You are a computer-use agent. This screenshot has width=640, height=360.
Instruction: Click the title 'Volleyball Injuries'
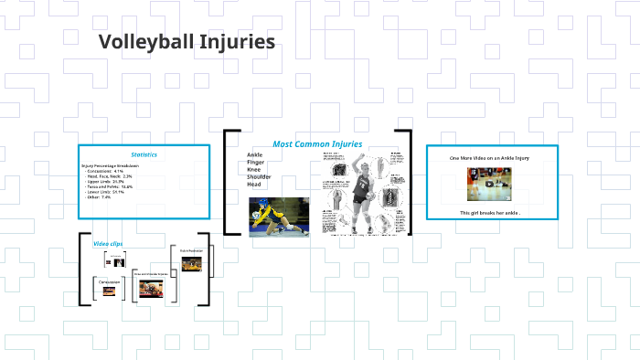187,42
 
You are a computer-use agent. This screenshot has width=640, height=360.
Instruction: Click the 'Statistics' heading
144,154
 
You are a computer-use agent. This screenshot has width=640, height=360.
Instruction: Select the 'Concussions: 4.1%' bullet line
104,171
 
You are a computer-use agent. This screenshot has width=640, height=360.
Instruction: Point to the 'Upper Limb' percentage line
105,182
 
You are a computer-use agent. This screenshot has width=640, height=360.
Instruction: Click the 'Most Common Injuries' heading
317,144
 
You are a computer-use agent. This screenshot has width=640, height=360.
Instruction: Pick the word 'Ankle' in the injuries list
255,155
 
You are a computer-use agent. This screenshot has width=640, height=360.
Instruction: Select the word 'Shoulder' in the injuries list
260,177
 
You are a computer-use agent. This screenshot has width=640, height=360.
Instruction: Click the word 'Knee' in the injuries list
254,170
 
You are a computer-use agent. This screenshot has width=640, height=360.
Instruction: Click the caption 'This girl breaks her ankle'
490,213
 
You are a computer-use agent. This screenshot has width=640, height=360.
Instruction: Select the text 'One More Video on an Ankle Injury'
489,158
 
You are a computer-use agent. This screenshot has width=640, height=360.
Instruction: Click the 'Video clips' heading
108,244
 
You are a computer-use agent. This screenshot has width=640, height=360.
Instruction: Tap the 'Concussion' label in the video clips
110,281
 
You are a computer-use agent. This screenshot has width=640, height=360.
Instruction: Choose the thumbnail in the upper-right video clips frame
190,264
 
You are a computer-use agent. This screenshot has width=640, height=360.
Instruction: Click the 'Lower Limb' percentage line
104,192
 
